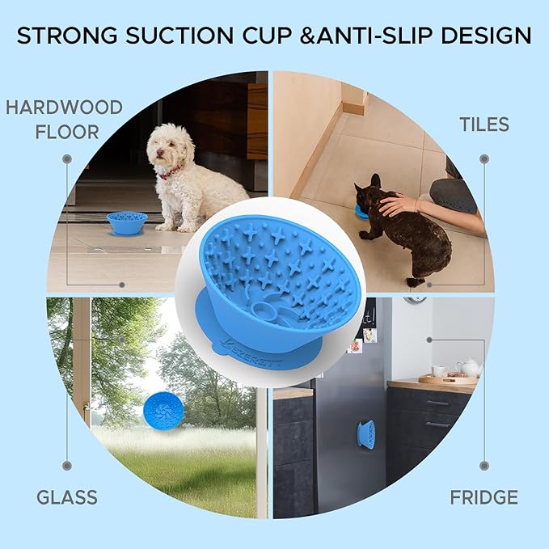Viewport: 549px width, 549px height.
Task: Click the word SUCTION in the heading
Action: click(179, 36)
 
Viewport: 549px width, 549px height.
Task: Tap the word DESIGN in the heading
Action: click(486, 36)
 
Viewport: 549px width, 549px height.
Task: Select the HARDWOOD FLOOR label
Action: click(65, 120)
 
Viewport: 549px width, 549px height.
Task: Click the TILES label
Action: click(484, 125)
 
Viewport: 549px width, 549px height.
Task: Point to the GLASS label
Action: click(67, 497)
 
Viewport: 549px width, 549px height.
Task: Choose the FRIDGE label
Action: click(484, 497)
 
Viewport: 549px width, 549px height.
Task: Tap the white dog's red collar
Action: click(171, 172)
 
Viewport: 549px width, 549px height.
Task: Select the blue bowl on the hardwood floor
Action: click(127, 223)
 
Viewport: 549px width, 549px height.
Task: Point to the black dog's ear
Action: click(375, 180)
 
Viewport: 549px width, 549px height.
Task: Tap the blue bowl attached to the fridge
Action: click(366, 434)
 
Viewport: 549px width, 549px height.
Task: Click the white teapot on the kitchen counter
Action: click(469, 367)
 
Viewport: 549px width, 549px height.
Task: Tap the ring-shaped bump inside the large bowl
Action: click(263, 310)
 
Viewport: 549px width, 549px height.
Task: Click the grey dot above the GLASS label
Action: click(67, 466)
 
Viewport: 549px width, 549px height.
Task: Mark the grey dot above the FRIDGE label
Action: click(484, 466)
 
